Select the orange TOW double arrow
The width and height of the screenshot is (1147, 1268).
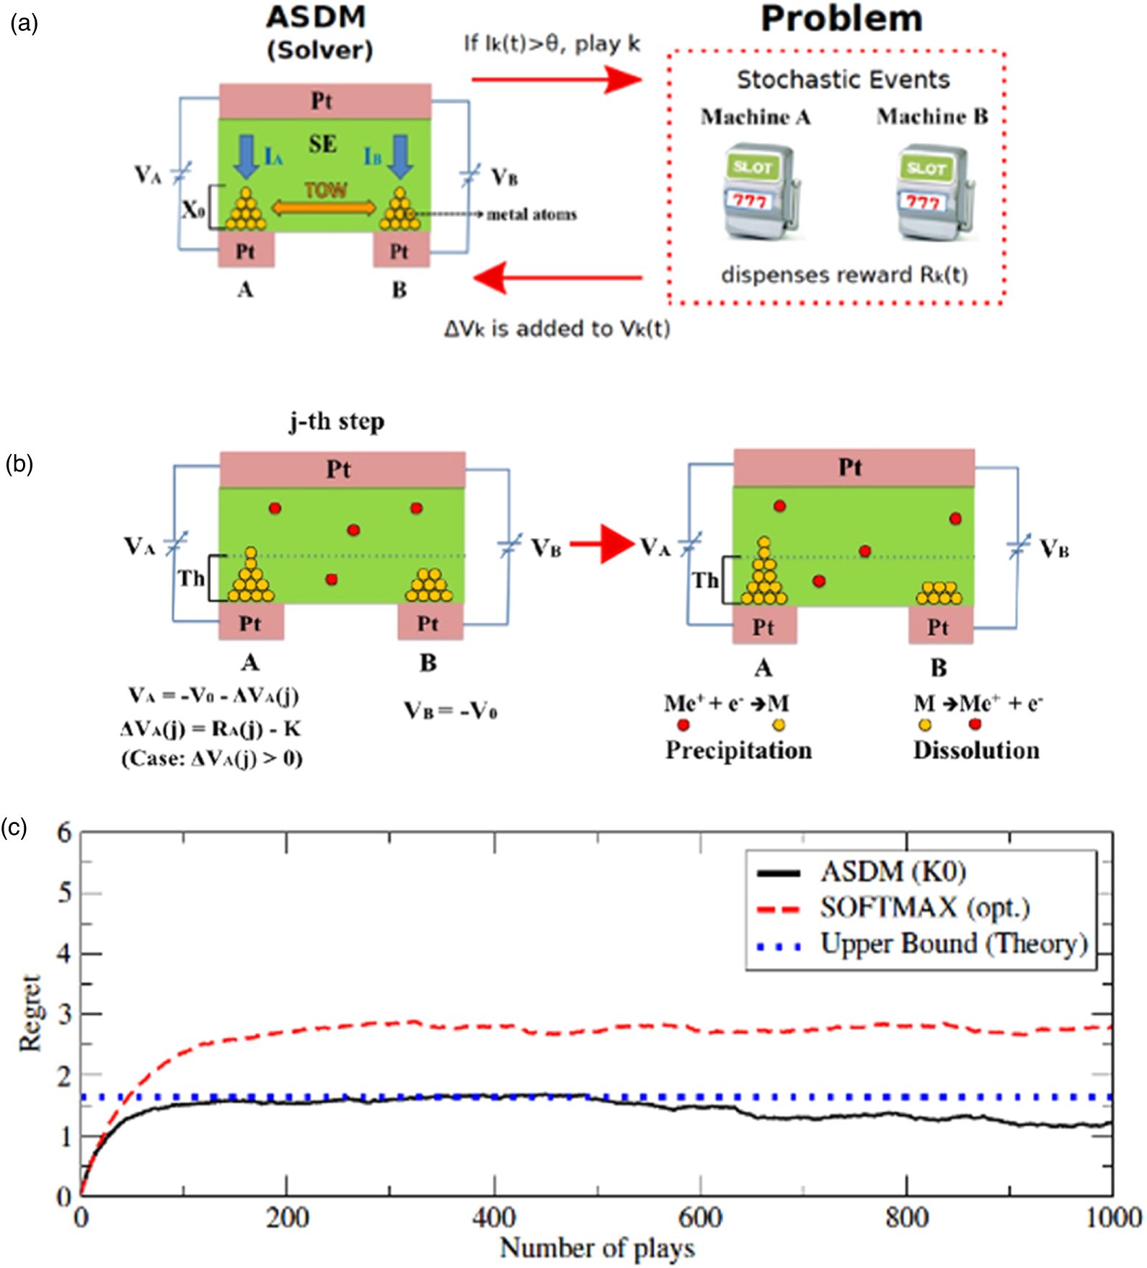(324, 208)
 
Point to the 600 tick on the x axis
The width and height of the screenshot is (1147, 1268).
(700, 1218)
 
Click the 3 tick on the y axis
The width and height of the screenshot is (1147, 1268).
(65, 1014)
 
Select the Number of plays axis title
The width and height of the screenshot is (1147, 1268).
(597, 1249)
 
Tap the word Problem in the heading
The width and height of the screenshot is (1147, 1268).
(841, 19)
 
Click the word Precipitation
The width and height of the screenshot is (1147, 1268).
(738, 750)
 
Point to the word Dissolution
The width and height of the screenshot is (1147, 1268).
(976, 750)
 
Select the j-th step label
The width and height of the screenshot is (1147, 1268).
(337, 421)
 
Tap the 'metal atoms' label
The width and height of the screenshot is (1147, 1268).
(531, 214)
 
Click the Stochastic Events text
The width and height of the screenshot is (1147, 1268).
(843, 79)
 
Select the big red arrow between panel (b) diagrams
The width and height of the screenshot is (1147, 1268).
(601, 544)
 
